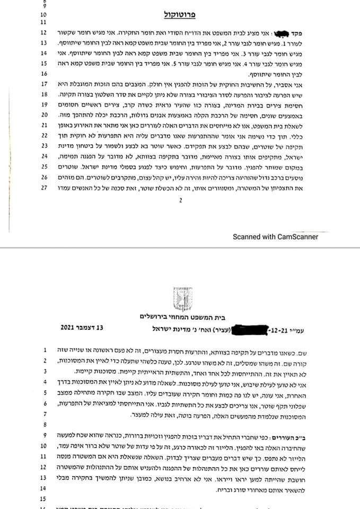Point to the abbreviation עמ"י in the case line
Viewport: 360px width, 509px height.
click(309, 332)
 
